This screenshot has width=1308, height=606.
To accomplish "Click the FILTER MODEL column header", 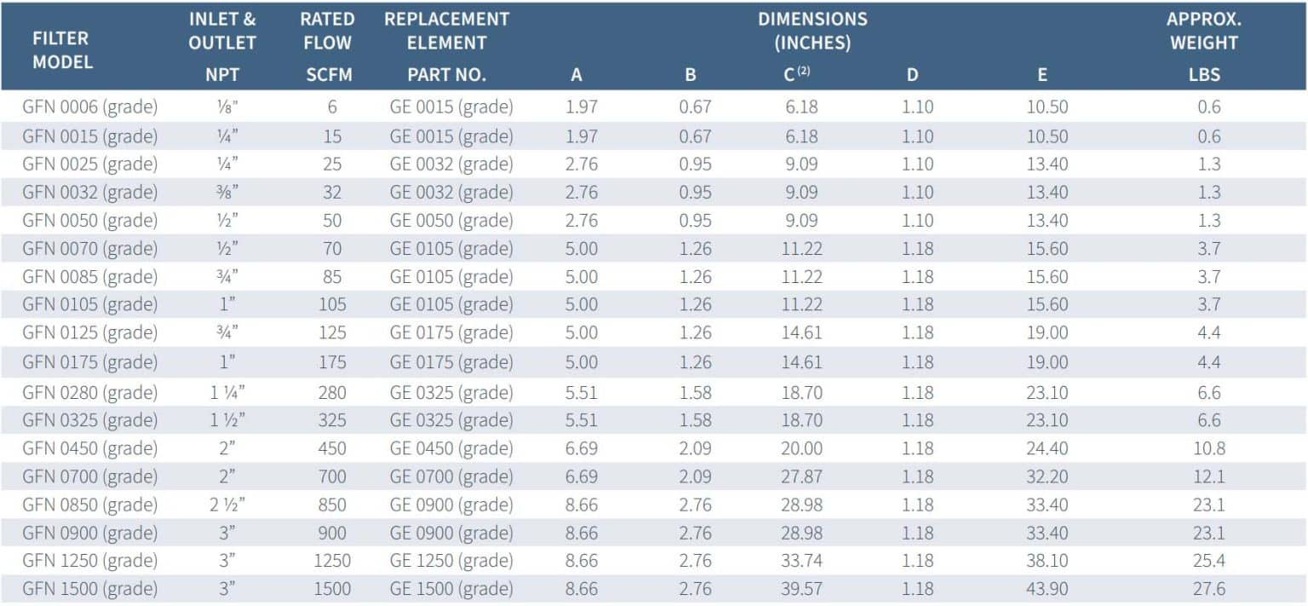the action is [x=62, y=50].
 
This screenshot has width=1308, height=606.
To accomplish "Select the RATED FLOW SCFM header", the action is [x=328, y=47].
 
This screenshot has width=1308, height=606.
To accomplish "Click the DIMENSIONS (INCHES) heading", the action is [x=812, y=31].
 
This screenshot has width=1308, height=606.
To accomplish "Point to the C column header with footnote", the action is [x=796, y=74].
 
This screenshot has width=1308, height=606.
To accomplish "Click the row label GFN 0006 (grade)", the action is [x=90, y=107].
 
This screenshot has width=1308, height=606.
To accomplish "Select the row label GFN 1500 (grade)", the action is [x=90, y=588].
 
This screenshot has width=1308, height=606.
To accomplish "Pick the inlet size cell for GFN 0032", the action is [x=227, y=192].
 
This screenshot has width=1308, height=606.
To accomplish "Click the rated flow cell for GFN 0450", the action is [x=332, y=448].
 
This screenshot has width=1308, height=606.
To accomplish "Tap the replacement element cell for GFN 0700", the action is [x=451, y=476].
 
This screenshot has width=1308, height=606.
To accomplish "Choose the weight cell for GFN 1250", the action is [x=1208, y=561].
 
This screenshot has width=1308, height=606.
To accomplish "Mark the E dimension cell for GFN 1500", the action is [x=1047, y=588].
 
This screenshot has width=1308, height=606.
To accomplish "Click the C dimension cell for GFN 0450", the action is [x=801, y=448].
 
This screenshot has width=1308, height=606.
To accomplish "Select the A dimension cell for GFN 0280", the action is [x=581, y=392].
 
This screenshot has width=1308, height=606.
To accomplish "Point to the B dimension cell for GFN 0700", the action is [x=695, y=476].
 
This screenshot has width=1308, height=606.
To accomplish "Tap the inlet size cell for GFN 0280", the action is [x=227, y=392].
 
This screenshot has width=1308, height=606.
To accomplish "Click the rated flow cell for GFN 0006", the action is [x=332, y=107].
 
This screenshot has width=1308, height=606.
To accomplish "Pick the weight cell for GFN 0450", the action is [x=1208, y=448].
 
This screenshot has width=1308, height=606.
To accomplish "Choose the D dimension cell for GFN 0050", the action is [x=917, y=220].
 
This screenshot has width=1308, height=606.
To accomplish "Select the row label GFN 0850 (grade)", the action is [x=90, y=505].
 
